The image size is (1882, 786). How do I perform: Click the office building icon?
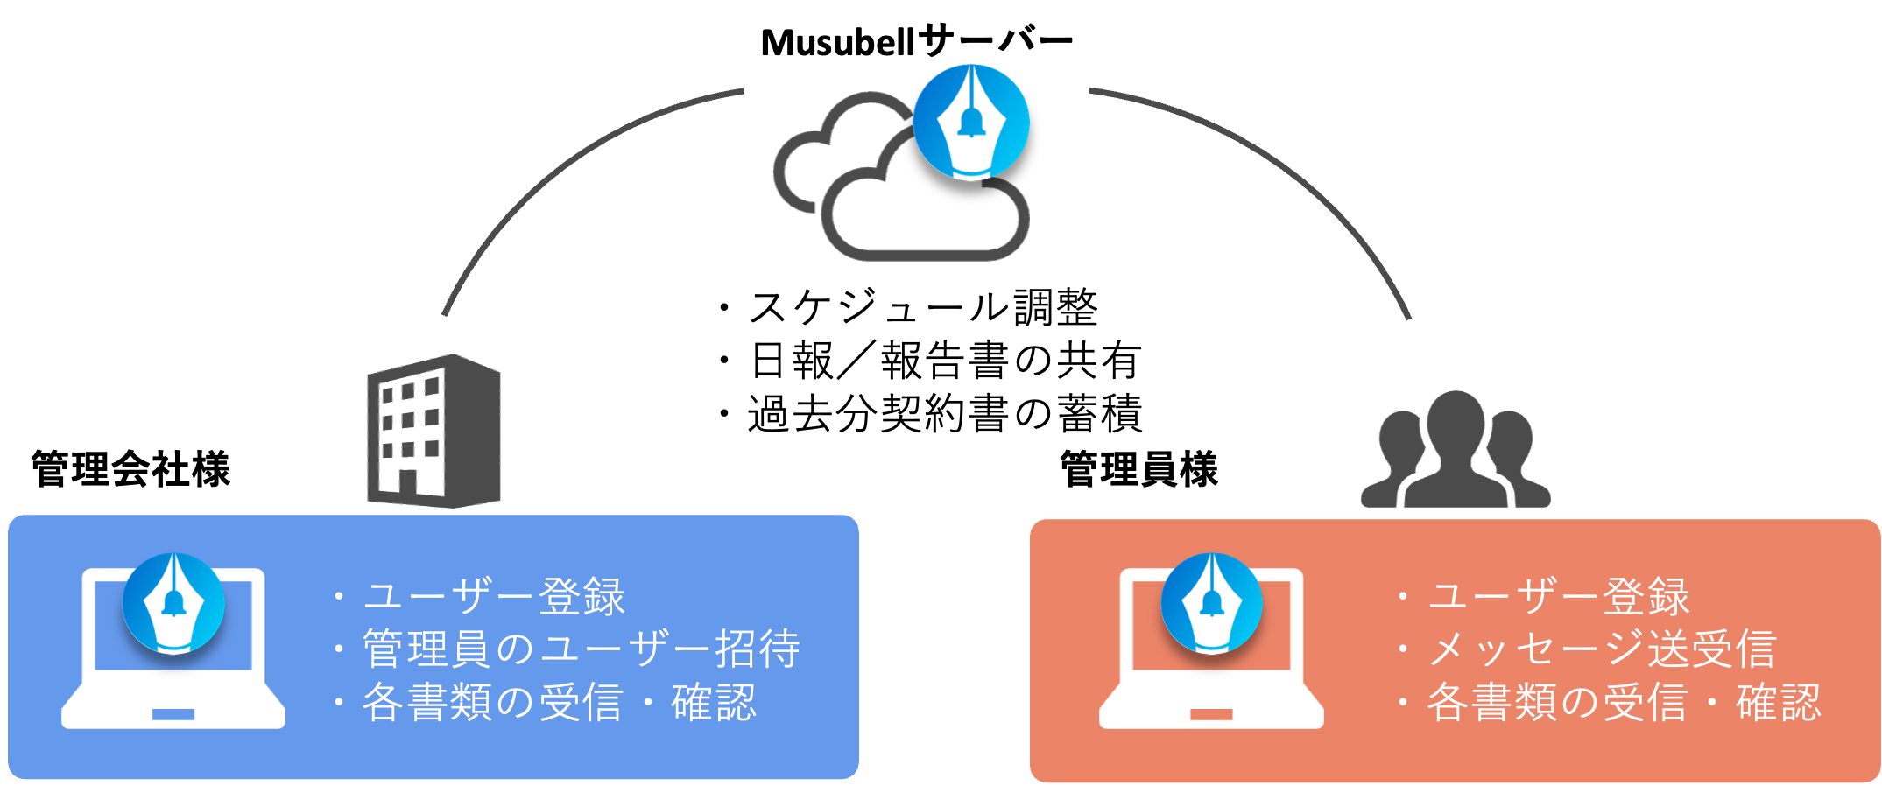click(433, 431)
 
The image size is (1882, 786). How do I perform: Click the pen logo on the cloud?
click(970, 122)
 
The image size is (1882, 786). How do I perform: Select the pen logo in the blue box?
click(173, 603)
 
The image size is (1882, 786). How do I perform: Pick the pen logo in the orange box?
click(1211, 603)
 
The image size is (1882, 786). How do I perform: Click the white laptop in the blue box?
click(173, 691)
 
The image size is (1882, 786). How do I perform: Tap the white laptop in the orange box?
click(1211, 691)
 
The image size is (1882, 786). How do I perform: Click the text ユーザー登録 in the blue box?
click(494, 597)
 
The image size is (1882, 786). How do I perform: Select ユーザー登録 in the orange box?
click(1558, 597)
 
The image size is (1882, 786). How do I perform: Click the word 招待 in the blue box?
click(758, 649)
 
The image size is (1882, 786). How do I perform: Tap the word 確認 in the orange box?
click(1779, 703)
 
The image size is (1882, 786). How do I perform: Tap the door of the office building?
click(407, 486)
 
